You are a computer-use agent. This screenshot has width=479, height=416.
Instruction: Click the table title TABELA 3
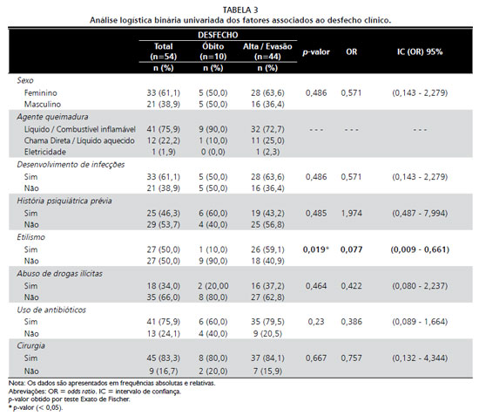point(240,10)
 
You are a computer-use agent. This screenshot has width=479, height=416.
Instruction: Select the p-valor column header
point(316,52)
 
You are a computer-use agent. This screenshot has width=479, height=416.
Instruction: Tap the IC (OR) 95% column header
point(420,51)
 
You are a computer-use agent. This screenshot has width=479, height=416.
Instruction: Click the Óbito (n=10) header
point(213,51)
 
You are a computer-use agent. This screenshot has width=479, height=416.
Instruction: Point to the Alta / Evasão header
point(267,46)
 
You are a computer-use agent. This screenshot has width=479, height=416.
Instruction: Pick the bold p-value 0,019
point(314,249)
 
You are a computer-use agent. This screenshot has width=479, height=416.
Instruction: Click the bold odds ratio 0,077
point(351,249)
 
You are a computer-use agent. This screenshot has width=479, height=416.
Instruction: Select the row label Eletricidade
point(45,152)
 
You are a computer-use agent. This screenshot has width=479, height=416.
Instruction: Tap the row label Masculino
point(43,105)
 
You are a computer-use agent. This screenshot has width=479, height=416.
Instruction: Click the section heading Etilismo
point(30,237)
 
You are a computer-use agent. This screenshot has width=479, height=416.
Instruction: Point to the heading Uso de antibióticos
point(51,310)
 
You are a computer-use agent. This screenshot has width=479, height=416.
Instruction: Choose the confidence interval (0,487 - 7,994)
point(420,213)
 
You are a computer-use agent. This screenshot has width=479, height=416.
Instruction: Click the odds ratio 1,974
point(351,213)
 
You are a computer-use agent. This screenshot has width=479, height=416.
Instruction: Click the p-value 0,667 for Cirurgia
point(316,358)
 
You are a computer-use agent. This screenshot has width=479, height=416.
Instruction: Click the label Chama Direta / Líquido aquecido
point(79,140)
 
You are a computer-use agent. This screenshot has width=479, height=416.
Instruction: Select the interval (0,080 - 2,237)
point(420,286)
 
